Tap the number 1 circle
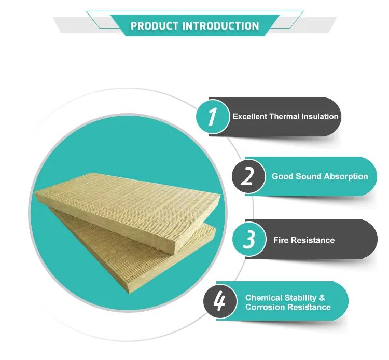(x=212, y=116)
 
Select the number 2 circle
(x=248, y=176)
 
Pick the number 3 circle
(x=249, y=240)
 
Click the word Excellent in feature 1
(x=250, y=117)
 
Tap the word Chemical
(x=264, y=298)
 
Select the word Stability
(x=301, y=298)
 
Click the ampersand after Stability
(x=322, y=298)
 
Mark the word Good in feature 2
(x=282, y=176)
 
